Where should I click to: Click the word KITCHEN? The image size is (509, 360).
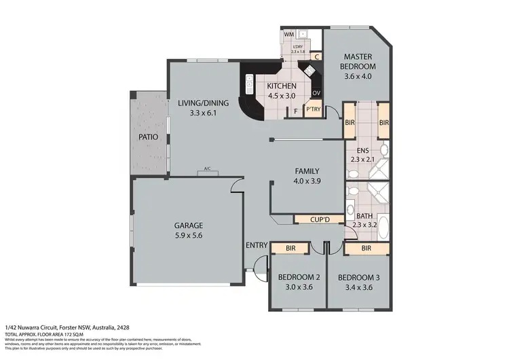[x=281, y=86]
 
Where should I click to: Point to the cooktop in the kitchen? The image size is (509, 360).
[x=310, y=70]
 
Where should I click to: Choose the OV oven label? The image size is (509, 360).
[x=316, y=93]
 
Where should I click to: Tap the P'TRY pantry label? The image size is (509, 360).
[x=313, y=109]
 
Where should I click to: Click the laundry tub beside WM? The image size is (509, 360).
[x=303, y=33]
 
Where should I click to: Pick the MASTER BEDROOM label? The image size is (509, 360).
[x=359, y=62]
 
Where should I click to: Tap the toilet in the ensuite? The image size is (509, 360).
[x=383, y=149]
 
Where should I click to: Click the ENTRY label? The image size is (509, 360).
[x=257, y=245]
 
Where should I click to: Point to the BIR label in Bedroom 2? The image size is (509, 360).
[x=290, y=249]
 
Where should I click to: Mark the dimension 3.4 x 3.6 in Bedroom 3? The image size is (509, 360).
[x=359, y=287]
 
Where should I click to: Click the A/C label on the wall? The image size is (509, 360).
[x=206, y=171]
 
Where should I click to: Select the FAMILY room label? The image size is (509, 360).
[x=306, y=171]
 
